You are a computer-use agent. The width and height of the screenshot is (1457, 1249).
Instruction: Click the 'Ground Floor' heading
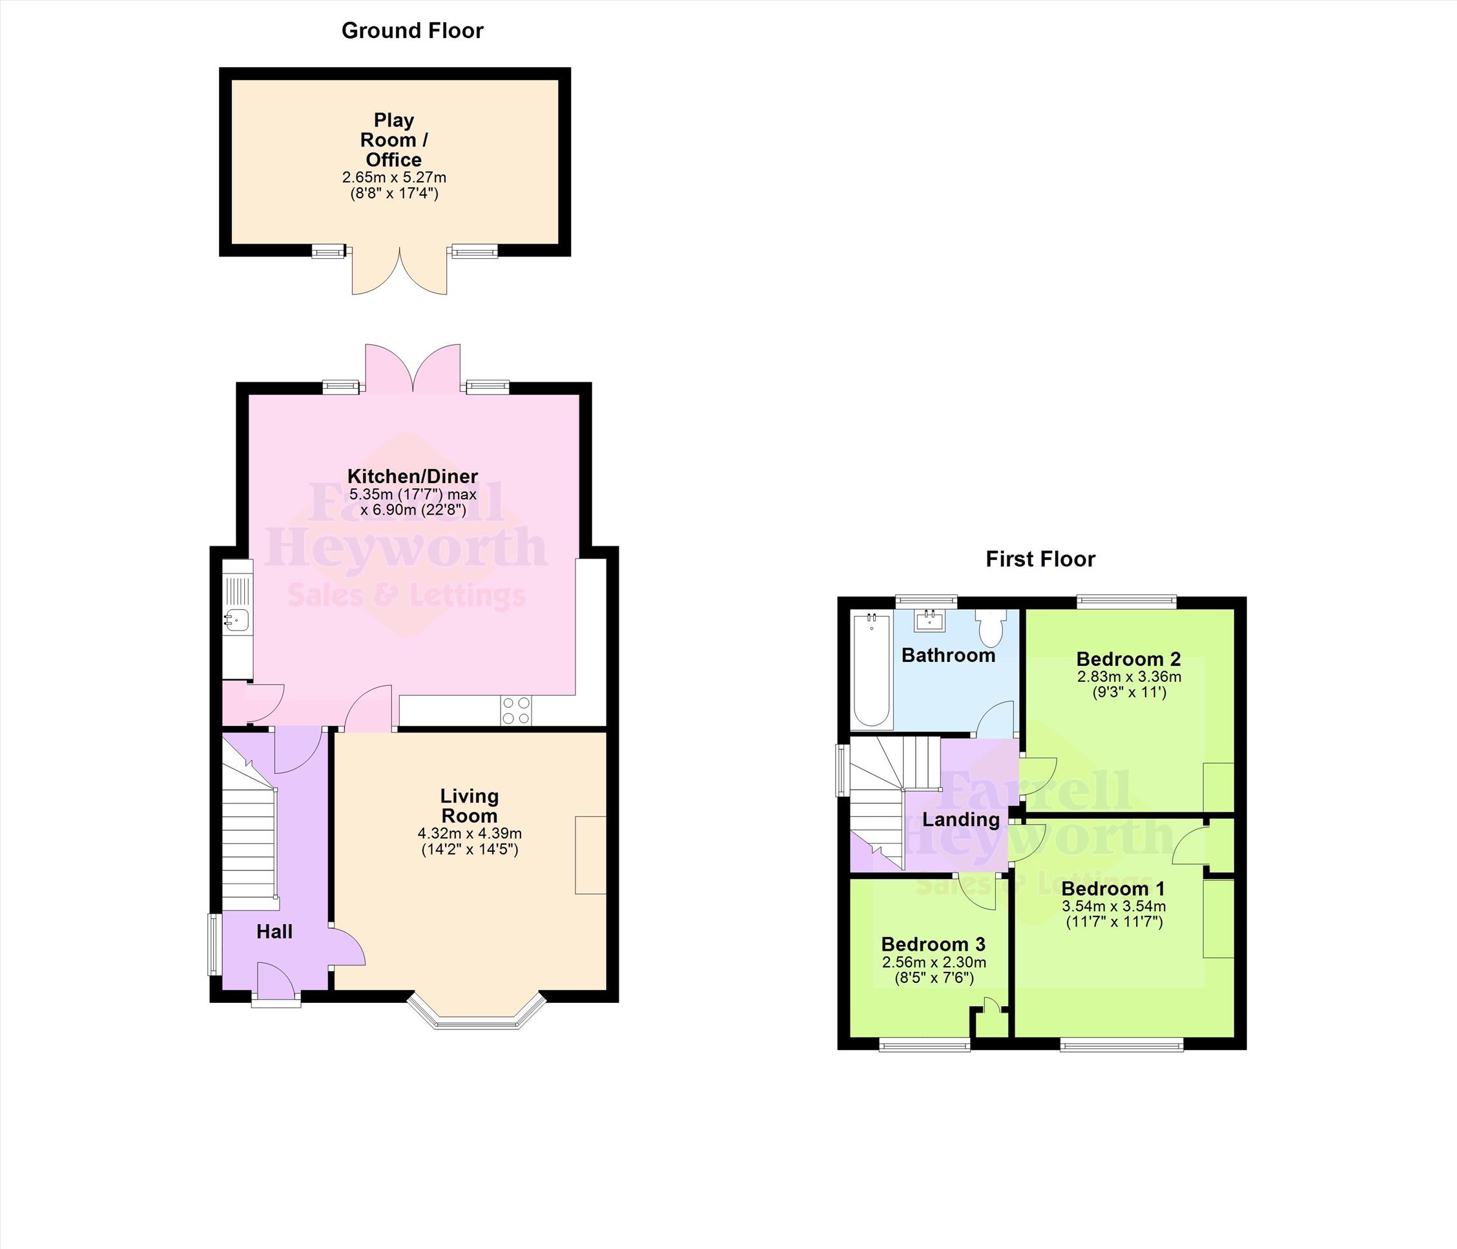[412, 31]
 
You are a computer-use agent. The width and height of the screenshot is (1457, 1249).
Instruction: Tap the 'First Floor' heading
[1040, 559]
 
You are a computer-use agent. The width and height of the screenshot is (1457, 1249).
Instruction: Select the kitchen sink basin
[237, 619]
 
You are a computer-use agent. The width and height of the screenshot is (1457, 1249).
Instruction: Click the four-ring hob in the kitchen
[516, 710]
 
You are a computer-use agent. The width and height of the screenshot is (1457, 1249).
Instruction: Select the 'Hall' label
[274, 932]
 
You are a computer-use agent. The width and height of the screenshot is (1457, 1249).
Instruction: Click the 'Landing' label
[960, 820]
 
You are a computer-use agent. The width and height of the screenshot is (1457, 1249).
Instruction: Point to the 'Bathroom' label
[948, 655]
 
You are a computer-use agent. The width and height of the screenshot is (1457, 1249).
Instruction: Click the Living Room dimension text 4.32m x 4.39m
[470, 833]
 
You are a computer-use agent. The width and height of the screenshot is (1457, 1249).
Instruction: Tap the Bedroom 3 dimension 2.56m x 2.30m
[934, 962]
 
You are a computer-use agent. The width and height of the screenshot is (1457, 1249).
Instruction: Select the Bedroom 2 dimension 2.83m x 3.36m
[1129, 677]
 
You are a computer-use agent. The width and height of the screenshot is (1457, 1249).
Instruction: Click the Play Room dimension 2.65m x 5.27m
[395, 177]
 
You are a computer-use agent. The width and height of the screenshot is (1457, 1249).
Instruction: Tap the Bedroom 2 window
[1126, 602]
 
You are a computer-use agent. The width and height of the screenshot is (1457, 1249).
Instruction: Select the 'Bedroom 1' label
[1113, 888]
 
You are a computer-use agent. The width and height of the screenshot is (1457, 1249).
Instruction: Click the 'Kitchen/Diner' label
[413, 476]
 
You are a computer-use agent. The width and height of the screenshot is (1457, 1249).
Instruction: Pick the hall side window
[215, 944]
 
